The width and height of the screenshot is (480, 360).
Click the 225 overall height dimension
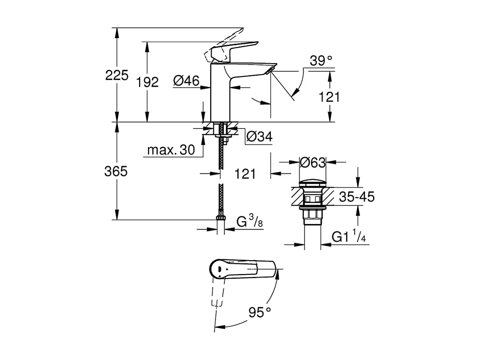tap(117, 75)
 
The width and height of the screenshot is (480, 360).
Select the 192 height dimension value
tap(148, 82)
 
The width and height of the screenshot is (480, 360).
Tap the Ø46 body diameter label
tap(186, 81)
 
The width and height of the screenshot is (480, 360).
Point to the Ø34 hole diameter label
tap(259, 137)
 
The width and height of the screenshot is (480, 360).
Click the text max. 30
tap(171, 150)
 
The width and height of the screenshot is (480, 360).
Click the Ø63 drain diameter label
tap(312, 163)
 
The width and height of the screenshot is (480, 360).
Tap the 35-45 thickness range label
tap(356, 197)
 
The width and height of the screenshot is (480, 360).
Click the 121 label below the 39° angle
tap(330, 97)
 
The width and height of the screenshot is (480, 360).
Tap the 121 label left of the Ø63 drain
tap(245, 174)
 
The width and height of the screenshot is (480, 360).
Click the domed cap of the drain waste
tap(312, 183)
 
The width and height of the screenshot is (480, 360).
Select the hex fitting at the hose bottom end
tap(220, 219)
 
